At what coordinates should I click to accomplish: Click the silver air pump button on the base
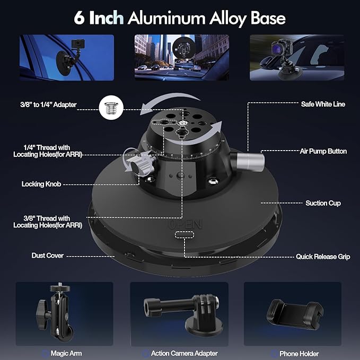pos(250,162)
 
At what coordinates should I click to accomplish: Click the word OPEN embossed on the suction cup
pos(186,225)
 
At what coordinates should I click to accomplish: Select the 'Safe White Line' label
pos(323,104)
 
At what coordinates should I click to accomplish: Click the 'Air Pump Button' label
pos(323,151)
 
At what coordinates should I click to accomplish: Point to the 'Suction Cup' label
pos(323,203)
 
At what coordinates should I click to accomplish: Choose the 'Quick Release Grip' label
pos(323,257)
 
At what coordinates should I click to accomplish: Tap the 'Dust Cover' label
pos(48,256)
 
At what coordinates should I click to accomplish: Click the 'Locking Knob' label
pos(41,184)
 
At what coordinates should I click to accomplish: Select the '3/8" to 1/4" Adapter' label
pos(48,104)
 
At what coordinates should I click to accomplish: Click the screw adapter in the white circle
pos(111,108)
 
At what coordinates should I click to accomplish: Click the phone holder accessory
pos(295,314)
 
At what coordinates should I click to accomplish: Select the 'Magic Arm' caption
pos(66,353)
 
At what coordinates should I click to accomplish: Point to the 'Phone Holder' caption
pos(299,354)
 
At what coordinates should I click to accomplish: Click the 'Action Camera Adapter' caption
pos(185,353)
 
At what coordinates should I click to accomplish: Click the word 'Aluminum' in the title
pos(166,19)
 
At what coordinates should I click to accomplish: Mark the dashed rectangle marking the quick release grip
pos(185,235)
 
